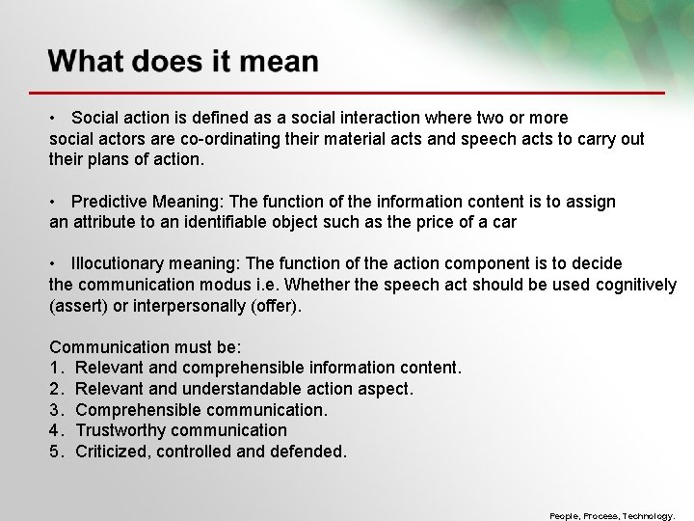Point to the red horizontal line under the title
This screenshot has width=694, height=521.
[357, 92]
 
